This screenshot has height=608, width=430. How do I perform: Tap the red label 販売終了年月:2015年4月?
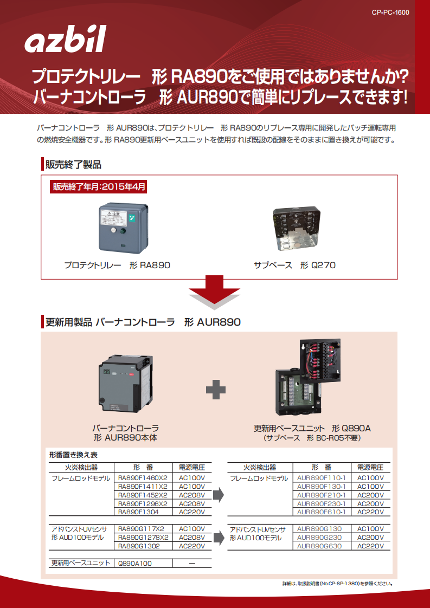pos(99,187)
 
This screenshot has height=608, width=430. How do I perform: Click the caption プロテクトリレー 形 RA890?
pos(117,266)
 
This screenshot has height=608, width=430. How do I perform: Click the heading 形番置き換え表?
pos(73,455)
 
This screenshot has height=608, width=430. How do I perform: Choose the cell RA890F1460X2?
pos(143,478)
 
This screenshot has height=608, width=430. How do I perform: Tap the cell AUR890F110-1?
pos(322,478)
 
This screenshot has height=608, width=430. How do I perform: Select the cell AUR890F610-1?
pos(322,512)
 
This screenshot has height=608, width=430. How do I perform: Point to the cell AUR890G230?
pos(319,538)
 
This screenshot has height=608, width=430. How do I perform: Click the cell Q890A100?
pos(135,563)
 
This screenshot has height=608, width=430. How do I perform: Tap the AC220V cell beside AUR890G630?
pos(370,546)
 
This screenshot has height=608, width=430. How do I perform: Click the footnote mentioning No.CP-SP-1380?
pos(337,584)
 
